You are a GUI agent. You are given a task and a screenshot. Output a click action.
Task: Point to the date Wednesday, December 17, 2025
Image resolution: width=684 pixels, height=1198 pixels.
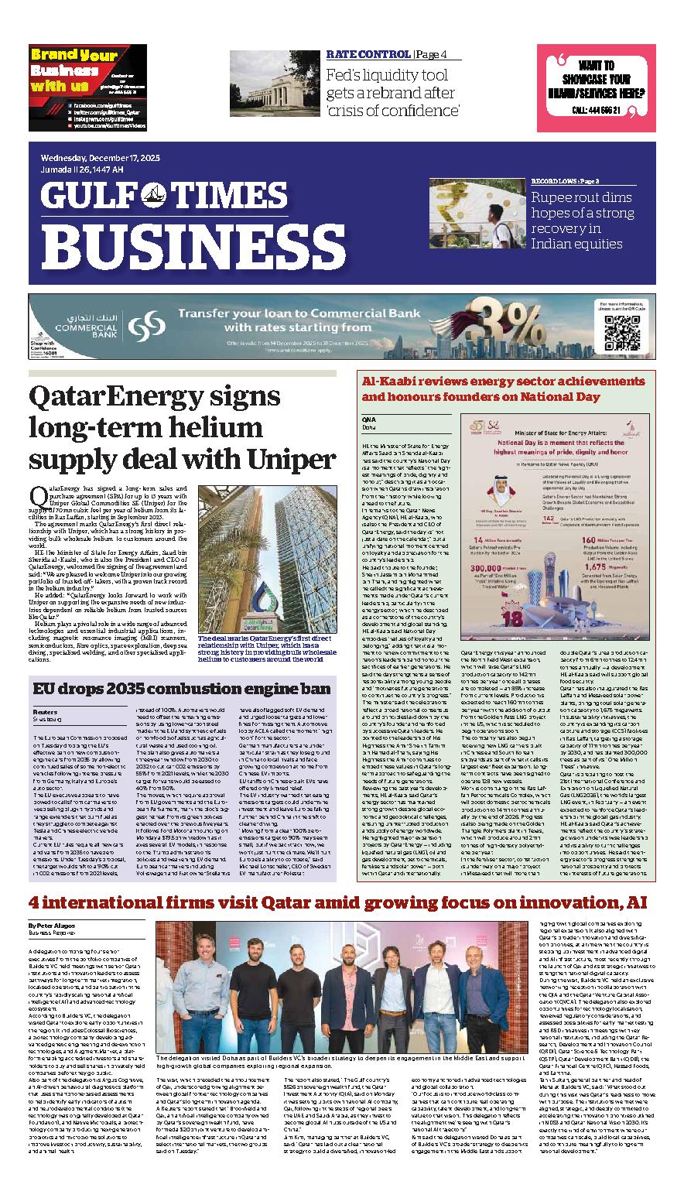101,158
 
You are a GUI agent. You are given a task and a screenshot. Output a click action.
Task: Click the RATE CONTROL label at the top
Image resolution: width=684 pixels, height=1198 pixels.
368,54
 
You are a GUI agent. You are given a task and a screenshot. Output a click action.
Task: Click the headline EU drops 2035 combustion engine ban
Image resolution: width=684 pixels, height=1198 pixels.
182,688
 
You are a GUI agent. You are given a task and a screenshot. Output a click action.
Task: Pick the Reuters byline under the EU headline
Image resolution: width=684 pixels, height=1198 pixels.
44,710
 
